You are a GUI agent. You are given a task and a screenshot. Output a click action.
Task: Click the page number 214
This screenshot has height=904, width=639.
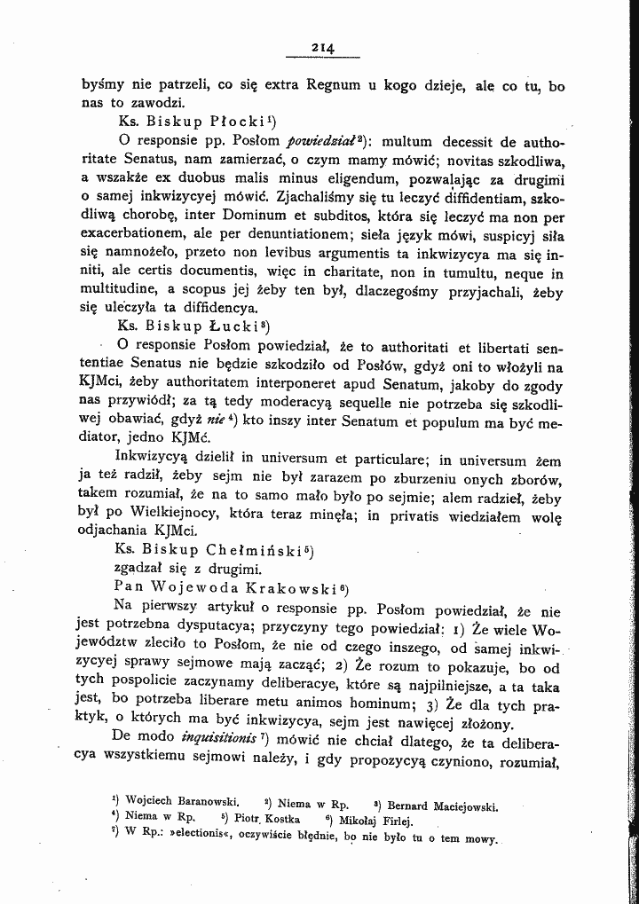click(321, 48)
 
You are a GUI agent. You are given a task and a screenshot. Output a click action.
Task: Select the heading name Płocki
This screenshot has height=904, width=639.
click(235, 122)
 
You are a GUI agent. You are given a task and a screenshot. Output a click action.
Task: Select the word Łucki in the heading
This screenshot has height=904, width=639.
click(234, 325)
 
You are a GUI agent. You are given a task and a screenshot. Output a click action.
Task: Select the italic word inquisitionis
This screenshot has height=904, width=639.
click(219, 739)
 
